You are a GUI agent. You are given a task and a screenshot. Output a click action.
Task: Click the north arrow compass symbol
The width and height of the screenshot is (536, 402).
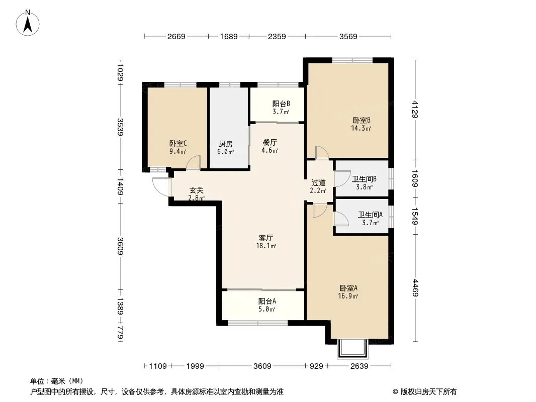28,23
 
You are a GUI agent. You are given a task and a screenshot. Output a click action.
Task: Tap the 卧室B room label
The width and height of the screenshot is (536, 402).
362,120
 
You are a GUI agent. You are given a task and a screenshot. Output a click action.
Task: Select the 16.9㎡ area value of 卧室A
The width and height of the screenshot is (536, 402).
348,296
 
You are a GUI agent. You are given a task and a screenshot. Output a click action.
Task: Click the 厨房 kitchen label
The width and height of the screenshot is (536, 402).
226,144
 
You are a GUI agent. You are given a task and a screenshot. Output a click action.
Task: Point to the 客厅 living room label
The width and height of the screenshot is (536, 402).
265,238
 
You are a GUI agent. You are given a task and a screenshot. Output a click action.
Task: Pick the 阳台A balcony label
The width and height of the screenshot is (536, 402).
267,301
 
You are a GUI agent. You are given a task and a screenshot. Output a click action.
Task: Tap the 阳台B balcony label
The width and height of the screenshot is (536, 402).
281,104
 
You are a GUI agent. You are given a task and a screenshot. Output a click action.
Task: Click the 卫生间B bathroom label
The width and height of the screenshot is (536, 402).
365,179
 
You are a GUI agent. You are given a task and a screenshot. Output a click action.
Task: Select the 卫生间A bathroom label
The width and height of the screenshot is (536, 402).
370,215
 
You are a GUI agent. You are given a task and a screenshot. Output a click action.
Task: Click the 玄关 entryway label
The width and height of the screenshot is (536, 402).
197,190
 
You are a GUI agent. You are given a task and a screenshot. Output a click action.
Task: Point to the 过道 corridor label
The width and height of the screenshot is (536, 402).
318,183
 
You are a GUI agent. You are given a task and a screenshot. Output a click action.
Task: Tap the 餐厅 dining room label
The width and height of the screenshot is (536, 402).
270,142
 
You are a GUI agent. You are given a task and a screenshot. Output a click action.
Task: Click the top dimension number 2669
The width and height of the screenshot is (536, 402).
176,36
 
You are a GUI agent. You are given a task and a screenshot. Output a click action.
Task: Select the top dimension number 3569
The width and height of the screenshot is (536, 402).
348,36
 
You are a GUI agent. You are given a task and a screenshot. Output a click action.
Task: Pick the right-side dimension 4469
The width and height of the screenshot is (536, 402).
415,288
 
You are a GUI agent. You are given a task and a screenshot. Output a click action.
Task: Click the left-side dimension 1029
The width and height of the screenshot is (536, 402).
120,72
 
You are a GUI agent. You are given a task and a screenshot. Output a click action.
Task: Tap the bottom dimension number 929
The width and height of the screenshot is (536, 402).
316,366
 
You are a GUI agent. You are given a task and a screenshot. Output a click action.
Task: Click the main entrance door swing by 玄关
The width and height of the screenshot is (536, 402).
161,187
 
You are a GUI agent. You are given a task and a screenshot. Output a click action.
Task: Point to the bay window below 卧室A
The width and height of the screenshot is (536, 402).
353,349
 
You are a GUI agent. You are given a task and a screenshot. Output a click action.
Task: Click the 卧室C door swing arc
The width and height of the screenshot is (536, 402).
194,162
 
